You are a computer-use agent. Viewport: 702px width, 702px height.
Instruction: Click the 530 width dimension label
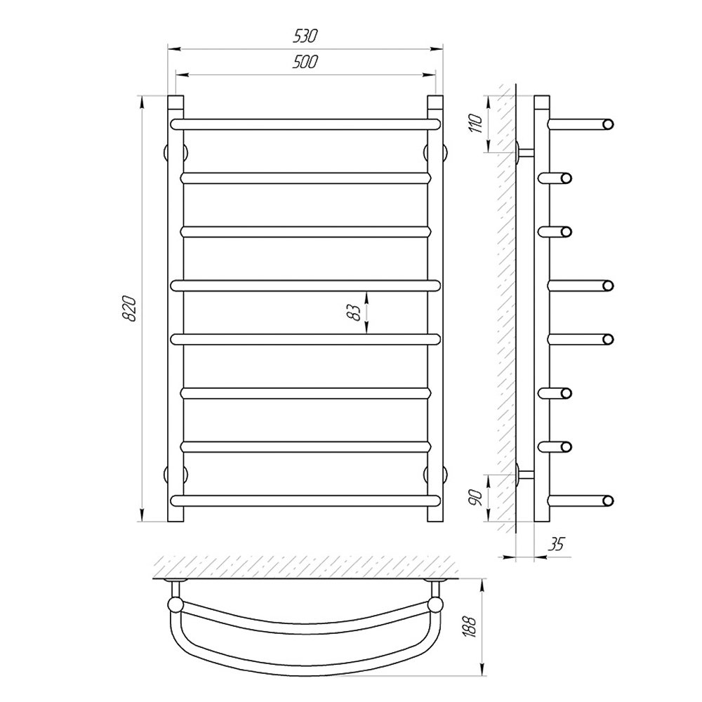pos(305,36)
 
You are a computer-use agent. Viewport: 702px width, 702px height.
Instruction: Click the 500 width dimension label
pos(305,62)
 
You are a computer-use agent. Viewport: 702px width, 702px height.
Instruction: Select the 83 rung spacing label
pos(354,312)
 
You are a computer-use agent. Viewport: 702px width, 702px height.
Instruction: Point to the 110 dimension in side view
pos(476,124)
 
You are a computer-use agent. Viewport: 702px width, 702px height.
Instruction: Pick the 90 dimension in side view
pos(476,498)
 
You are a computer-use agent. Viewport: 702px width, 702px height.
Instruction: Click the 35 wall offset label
pos(556,544)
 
